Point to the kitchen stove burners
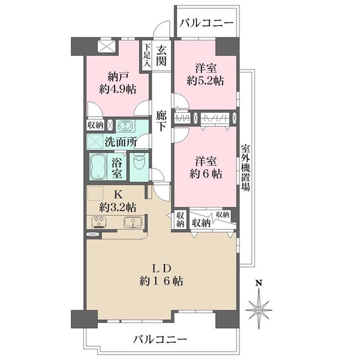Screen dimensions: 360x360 [x=99, y=223]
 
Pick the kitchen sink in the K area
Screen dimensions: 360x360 [x=131, y=222]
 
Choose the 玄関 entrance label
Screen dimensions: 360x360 [x=161, y=56]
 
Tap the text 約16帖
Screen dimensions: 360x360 [x=162, y=280]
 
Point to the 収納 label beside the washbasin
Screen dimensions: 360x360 [x=95, y=125]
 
